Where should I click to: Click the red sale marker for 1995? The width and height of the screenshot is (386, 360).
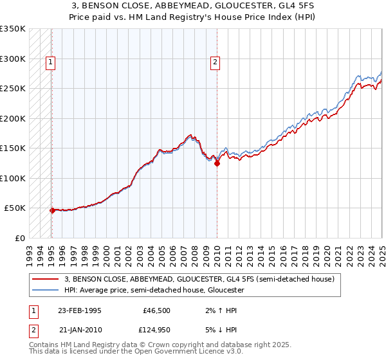tap(52, 210)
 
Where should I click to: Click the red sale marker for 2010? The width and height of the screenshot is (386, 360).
tap(217, 163)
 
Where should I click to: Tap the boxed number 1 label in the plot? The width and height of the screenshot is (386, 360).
tap(50, 62)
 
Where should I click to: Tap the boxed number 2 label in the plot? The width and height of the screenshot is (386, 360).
tap(214, 62)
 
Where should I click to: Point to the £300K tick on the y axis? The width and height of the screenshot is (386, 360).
tap(13, 59)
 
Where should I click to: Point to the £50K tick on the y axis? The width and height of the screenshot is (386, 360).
tap(15, 208)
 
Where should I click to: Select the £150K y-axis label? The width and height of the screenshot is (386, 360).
tap(13, 148)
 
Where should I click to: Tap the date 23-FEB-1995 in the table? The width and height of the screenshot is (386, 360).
tap(80, 310)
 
